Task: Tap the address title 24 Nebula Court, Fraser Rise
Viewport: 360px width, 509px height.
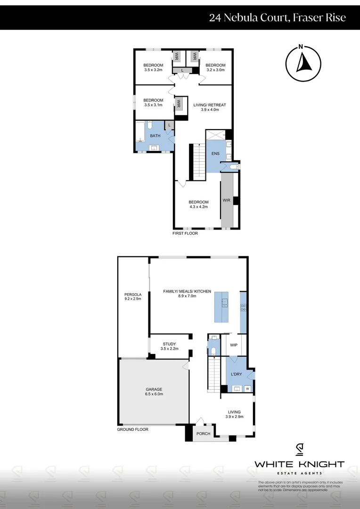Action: [x=278, y=18]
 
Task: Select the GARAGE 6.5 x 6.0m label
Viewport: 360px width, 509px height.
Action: [x=154, y=392]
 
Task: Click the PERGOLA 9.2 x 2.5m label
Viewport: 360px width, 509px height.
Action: [x=133, y=297]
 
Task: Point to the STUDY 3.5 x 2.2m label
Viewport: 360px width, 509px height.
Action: [x=169, y=346]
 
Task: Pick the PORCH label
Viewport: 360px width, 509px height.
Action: [x=204, y=434]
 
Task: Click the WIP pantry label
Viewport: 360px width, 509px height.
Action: [x=233, y=345]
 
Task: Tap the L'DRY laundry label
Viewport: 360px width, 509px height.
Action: [x=236, y=374]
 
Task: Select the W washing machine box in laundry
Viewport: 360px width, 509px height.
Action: [x=247, y=389]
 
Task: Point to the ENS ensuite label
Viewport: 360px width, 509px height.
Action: [x=215, y=154]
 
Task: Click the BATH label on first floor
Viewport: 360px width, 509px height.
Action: [x=155, y=136]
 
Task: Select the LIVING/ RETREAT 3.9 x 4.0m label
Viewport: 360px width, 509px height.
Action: [x=210, y=107]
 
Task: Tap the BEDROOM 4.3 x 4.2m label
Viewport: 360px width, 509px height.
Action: [x=198, y=204]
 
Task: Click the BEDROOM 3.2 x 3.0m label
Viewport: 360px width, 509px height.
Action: [x=215, y=67]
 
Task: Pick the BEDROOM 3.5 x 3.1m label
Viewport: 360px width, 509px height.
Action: [x=153, y=102]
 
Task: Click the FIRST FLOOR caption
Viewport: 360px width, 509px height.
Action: [x=185, y=233]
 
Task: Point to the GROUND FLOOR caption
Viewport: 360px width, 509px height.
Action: [x=132, y=429]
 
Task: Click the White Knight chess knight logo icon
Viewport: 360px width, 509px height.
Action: [x=299, y=450]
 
